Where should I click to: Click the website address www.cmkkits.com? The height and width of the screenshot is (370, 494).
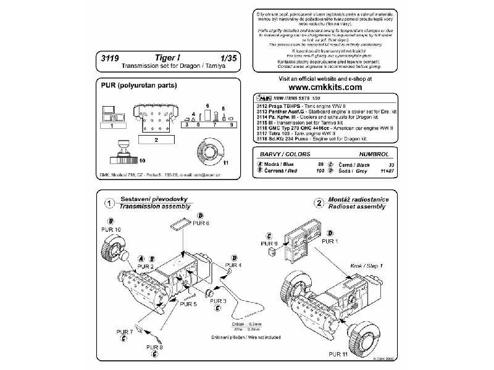coord(317,88)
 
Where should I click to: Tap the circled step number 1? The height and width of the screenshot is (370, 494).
coord(107,203)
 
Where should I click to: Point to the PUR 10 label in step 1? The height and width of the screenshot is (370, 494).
coord(111,229)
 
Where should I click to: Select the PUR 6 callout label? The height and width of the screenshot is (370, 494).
coord(201,223)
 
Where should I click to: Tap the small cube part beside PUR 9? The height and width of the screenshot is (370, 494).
coord(270,253)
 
